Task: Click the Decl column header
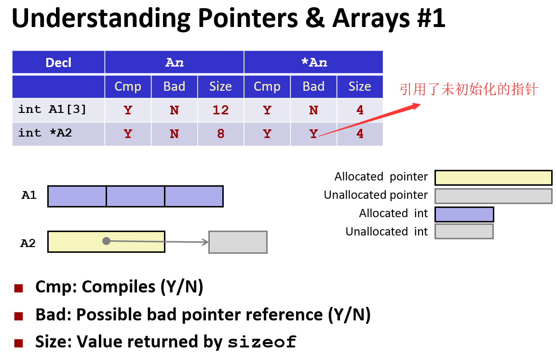click(x=58, y=63)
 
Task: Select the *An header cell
click(x=313, y=63)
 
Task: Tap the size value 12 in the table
click(x=220, y=110)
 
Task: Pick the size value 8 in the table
click(x=220, y=133)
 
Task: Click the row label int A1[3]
click(x=53, y=110)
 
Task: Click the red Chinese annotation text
click(x=468, y=89)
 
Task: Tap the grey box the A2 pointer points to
click(x=238, y=242)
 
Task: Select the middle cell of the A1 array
click(x=136, y=196)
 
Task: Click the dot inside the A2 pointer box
click(x=107, y=241)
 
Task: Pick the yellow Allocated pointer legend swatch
click(x=493, y=178)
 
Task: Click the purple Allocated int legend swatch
click(x=464, y=214)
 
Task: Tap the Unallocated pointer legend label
click(x=376, y=195)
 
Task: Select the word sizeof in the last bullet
click(x=262, y=342)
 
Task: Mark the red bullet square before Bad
click(x=19, y=316)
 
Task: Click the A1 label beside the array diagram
click(x=29, y=195)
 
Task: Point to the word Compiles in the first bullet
click(x=122, y=287)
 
